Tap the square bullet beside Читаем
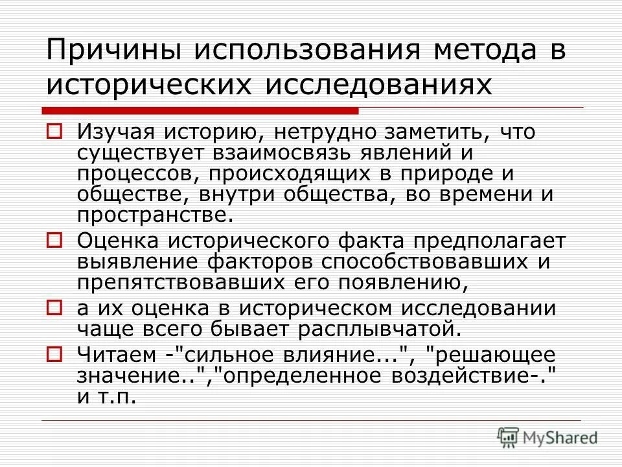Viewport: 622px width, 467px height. pos(54,354)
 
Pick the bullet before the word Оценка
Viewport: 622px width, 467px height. pos(54,241)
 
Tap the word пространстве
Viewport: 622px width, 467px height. pos(153,215)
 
